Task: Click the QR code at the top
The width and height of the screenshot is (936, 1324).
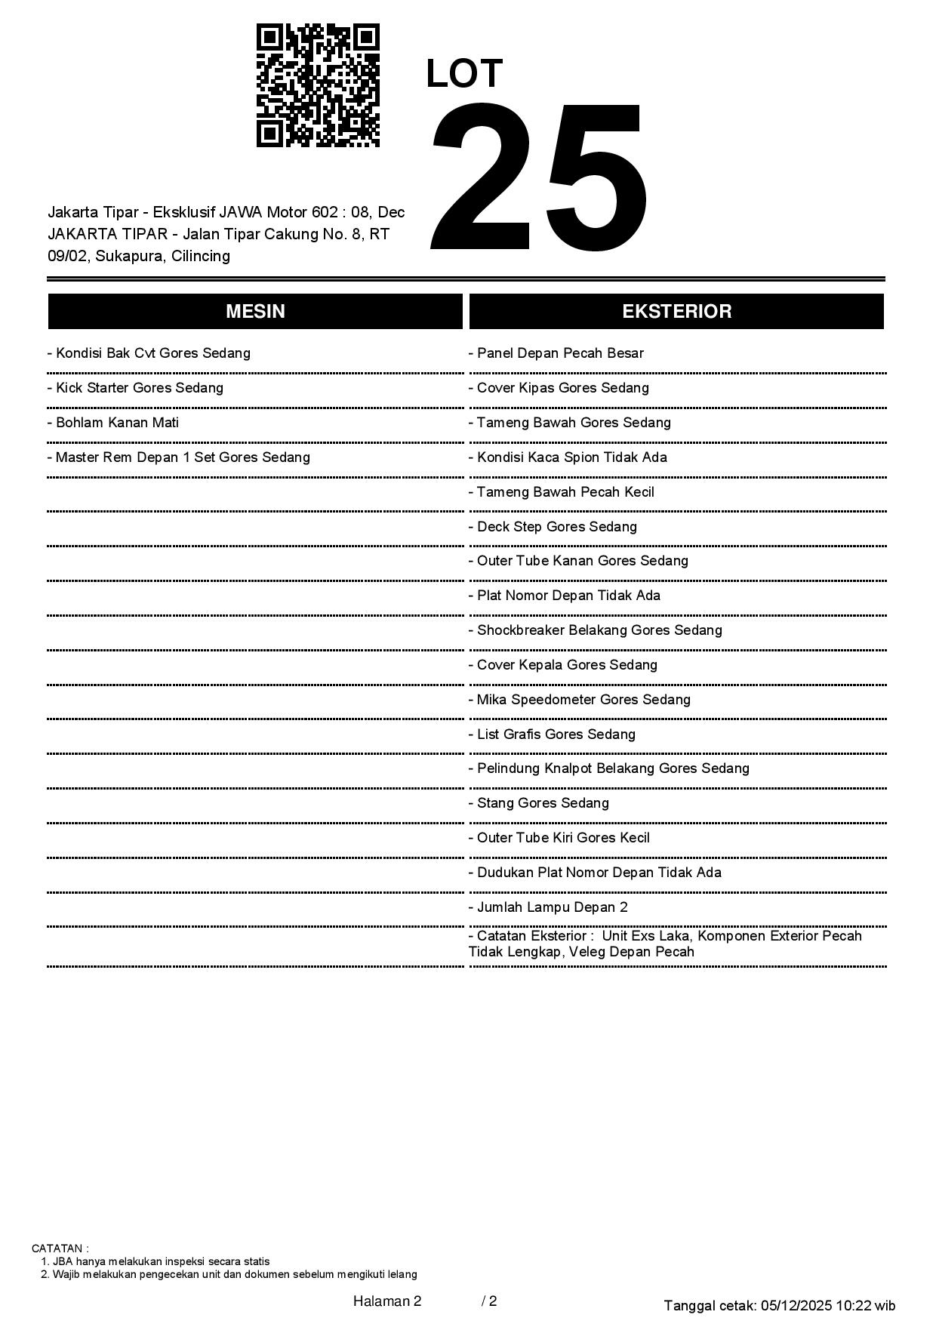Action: tap(318, 85)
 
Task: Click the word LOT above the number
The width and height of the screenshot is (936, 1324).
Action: tap(464, 74)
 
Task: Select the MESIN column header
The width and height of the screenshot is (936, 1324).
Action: tap(255, 312)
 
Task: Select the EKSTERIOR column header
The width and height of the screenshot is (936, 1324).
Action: tap(676, 312)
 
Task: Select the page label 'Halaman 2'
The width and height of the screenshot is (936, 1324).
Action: tap(387, 1301)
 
